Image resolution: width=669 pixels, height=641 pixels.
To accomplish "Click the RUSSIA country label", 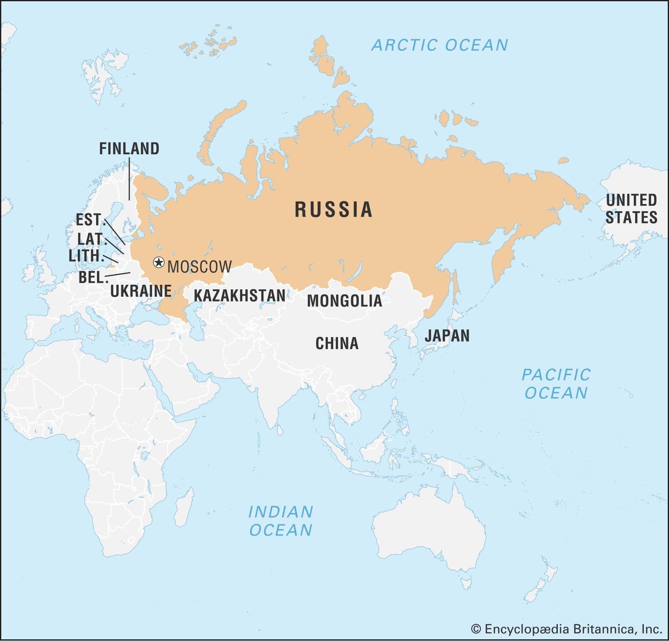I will click(x=333, y=209).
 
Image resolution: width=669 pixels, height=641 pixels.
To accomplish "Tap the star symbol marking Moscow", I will click(x=158, y=263).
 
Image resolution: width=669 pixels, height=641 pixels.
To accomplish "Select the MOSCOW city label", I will click(x=199, y=267).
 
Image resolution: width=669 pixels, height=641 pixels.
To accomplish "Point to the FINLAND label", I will click(x=129, y=149).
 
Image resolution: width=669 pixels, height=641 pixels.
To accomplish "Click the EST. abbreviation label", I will click(x=89, y=220).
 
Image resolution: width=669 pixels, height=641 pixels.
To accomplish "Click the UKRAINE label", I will click(x=141, y=291).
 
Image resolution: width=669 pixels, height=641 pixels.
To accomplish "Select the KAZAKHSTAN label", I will click(x=240, y=296).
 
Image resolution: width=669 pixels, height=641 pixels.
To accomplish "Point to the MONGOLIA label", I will click(x=345, y=301).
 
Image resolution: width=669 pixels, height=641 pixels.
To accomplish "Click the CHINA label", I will click(x=337, y=343).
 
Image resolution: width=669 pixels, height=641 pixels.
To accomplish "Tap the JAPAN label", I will click(x=447, y=336).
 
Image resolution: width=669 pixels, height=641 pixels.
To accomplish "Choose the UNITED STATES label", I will click(x=631, y=209).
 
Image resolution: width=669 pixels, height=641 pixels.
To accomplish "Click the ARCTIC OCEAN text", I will click(x=440, y=45).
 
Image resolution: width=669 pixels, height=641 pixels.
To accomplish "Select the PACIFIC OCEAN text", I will click(x=556, y=384).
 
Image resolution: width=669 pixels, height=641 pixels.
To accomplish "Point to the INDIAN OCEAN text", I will click(x=281, y=521).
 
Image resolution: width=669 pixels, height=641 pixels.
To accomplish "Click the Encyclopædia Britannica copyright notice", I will click(x=567, y=629).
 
